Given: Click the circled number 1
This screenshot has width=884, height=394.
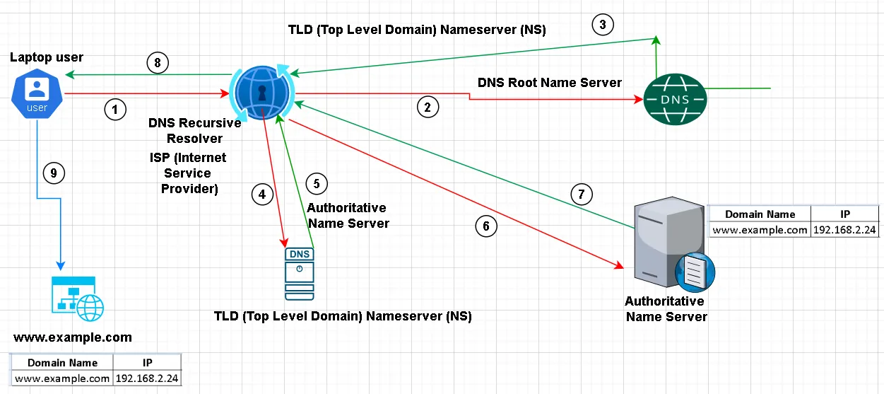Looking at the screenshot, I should pos(115,109).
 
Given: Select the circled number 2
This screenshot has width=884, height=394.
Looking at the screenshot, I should pos(427,107).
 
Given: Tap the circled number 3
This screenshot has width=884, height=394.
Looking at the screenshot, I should pos(602,25).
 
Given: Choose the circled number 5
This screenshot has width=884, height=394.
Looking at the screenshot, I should pos(317,183).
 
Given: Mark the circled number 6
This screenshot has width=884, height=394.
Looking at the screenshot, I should pos(485,226).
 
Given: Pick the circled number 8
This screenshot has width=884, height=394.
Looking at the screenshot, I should pos(158,63).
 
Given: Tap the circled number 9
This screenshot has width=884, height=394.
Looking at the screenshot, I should pos(52,172).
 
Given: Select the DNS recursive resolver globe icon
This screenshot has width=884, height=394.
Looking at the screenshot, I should pos(262,92).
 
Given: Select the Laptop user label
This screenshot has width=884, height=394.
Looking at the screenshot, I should pos(47,57).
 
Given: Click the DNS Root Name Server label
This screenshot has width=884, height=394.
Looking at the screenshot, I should pos(550,83).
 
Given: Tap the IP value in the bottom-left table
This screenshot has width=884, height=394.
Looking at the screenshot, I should pos(147,378).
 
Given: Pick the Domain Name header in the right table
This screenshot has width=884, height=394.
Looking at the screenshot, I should pos(760,214).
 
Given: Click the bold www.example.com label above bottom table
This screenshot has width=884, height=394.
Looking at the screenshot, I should pos(73,337).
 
